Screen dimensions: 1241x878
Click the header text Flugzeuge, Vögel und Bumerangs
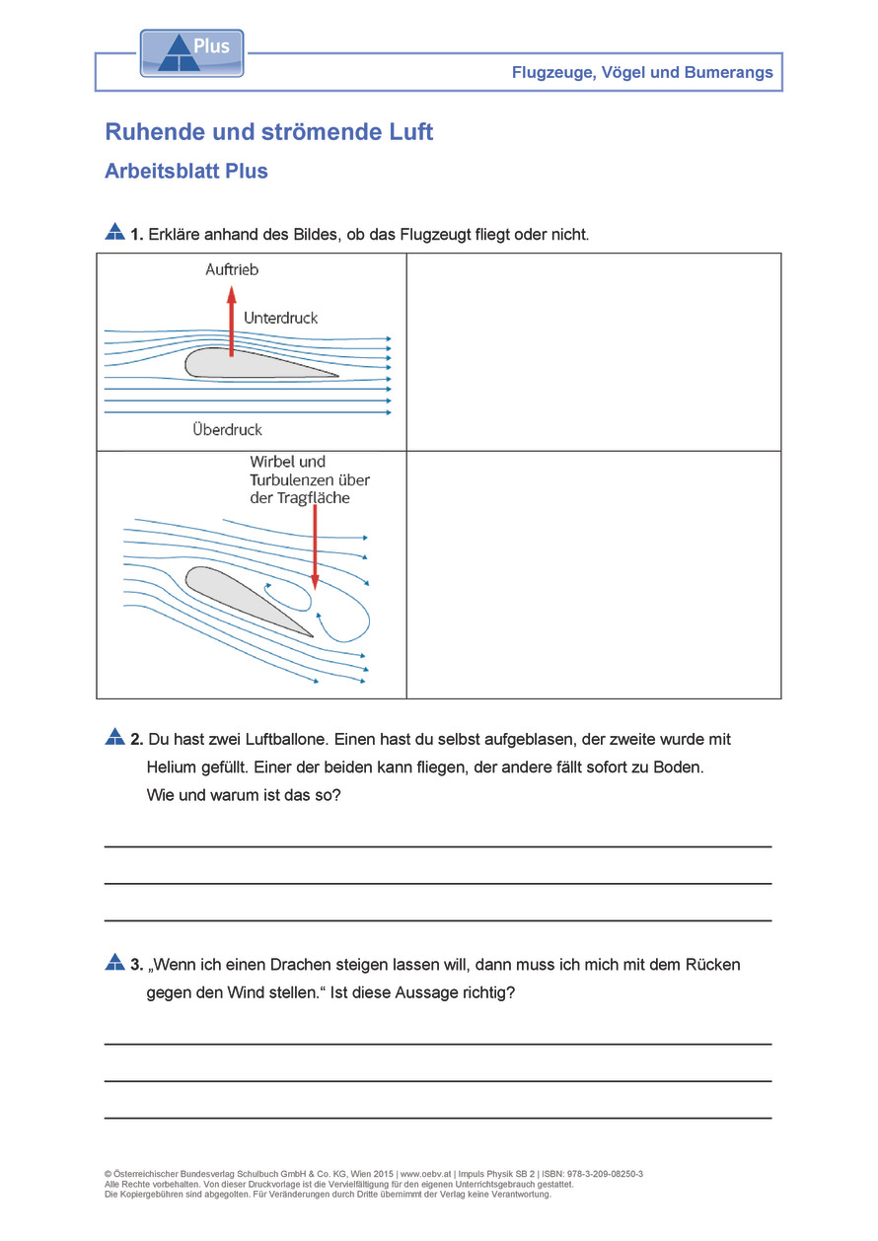point(642,73)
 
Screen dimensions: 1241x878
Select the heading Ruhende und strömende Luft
point(268,131)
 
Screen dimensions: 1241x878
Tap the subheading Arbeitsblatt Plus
point(186,171)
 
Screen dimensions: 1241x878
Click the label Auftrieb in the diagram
point(232,269)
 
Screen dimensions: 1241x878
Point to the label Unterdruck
point(281,318)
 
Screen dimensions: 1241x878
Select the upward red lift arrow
point(232,321)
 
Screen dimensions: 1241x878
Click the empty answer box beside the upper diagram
point(593,351)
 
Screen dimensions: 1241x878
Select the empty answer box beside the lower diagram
point(593,574)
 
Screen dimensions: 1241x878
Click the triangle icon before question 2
point(114,738)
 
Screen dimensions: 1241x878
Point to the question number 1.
point(136,235)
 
